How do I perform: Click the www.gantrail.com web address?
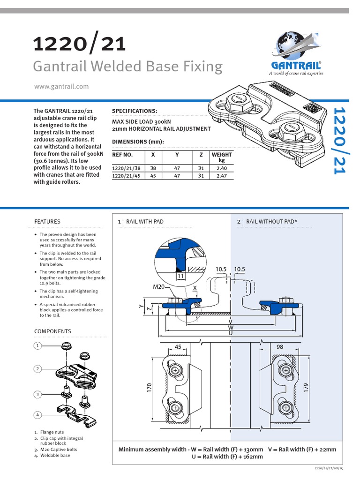(x=61, y=86)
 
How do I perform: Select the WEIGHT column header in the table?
(x=221, y=157)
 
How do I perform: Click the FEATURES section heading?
(x=47, y=221)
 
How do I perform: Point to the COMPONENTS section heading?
(x=52, y=331)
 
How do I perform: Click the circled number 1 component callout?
(x=37, y=346)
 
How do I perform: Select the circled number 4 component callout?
(x=37, y=415)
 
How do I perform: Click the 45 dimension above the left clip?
(x=178, y=347)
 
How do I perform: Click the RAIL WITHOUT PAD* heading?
(x=272, y=221)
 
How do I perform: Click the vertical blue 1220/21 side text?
(x=339, y=140)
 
